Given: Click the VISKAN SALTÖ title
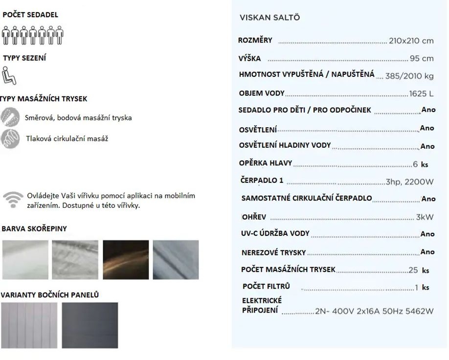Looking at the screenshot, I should (270, 18).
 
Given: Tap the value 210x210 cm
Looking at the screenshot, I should (411, 41).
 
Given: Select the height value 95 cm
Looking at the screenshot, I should (421, 59).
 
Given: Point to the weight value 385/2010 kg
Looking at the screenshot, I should (409, 76).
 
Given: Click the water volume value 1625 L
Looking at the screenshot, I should (421, 93).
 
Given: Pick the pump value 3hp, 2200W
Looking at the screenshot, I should (409, 181).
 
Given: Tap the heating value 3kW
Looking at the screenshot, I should (425, 217).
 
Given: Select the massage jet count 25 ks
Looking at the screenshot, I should (418, 270).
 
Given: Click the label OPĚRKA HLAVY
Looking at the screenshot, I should (266, 163).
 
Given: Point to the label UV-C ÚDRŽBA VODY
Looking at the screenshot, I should (275, 233).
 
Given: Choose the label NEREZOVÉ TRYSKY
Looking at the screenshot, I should (273, 252).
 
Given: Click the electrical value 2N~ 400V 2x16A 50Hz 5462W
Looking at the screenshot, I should (374, 311).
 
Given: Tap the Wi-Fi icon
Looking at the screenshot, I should (13, 200).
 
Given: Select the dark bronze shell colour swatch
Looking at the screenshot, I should (126, 260).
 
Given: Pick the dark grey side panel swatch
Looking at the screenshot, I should (90, 325).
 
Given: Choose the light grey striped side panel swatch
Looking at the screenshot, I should (29, 325).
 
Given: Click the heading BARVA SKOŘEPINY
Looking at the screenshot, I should (34, 228).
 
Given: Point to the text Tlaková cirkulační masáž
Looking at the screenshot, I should (67, 138).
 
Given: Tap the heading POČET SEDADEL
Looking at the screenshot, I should (30, 15).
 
